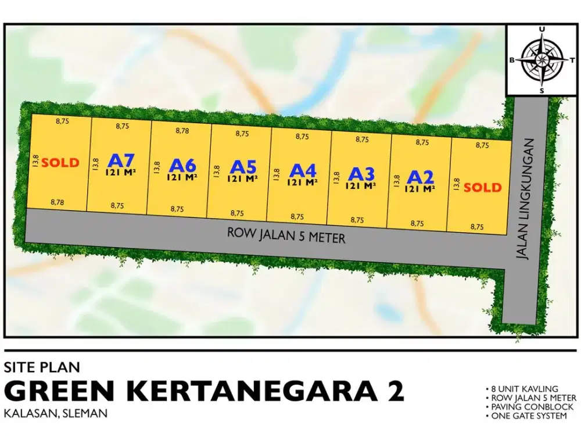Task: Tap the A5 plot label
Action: point(242,167)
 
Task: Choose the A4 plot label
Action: point(303,170)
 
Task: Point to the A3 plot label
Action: point(362,174)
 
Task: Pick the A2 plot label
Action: point(421,177)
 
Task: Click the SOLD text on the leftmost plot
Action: point(60,163)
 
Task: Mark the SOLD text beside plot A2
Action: point(482,187)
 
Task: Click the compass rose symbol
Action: point(541,60)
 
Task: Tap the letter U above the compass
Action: point(541,30)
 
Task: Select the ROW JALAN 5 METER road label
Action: point(286,235)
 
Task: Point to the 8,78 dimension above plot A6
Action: point(182,131)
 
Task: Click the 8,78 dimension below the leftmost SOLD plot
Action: point(57,202)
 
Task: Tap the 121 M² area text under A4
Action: point(302,182)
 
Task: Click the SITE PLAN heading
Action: point(41,367)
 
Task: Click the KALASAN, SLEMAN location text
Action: point(56,413)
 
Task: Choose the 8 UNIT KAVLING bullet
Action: point(521,388)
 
